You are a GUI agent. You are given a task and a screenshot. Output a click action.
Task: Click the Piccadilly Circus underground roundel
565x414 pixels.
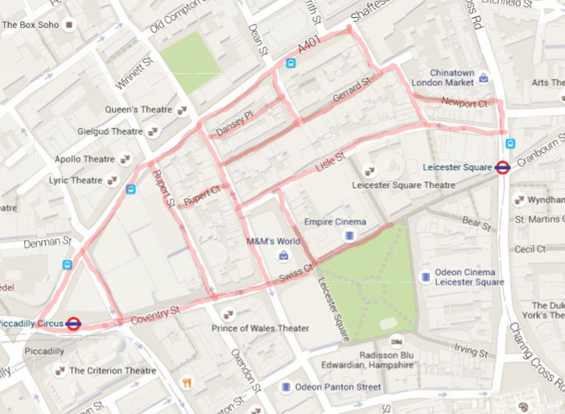(x=74, y=323)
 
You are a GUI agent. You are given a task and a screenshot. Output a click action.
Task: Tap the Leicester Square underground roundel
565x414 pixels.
(x=503, y=167)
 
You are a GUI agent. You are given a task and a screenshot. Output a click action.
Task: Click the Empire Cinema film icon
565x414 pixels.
(x=350, y=235)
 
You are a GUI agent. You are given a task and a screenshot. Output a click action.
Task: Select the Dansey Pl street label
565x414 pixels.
(x=235, y=123)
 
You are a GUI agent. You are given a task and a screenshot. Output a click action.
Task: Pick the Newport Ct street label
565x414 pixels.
(x=463, y=103)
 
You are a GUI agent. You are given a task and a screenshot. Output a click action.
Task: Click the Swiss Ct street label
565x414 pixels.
(x=296, y=273)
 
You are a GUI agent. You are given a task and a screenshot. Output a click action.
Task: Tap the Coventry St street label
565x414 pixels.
(x=154, y=314)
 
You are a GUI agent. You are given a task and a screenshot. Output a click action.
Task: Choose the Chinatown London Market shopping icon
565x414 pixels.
(x=484, y=77)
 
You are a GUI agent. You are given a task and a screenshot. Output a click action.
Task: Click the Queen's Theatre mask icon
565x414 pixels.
(x=182, y=110)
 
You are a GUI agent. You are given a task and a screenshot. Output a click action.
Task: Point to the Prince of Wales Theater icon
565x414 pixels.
(x=228, y=314)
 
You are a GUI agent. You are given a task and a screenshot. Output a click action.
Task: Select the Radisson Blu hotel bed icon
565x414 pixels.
(x=397, y=341)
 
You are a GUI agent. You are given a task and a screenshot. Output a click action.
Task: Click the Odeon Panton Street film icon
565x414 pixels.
(x=286, y=387)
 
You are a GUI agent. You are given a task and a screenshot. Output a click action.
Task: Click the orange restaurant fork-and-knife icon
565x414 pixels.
(x=186, y=382)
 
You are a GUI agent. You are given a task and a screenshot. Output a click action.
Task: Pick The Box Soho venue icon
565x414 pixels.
(x=69, y=25)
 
